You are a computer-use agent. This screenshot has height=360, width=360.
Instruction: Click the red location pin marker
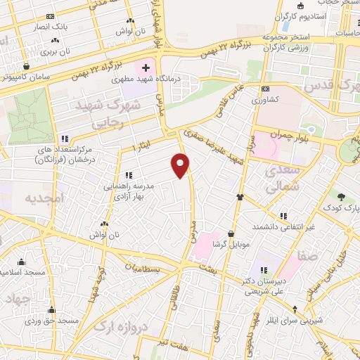point(181,165)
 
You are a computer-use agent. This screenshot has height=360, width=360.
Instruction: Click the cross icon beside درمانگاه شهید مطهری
point(146,68)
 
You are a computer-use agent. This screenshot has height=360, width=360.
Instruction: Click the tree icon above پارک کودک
point(342,196)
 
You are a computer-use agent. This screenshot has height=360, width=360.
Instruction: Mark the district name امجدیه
point(44,198)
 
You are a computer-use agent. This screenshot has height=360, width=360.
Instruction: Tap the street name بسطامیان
point(144,269)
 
